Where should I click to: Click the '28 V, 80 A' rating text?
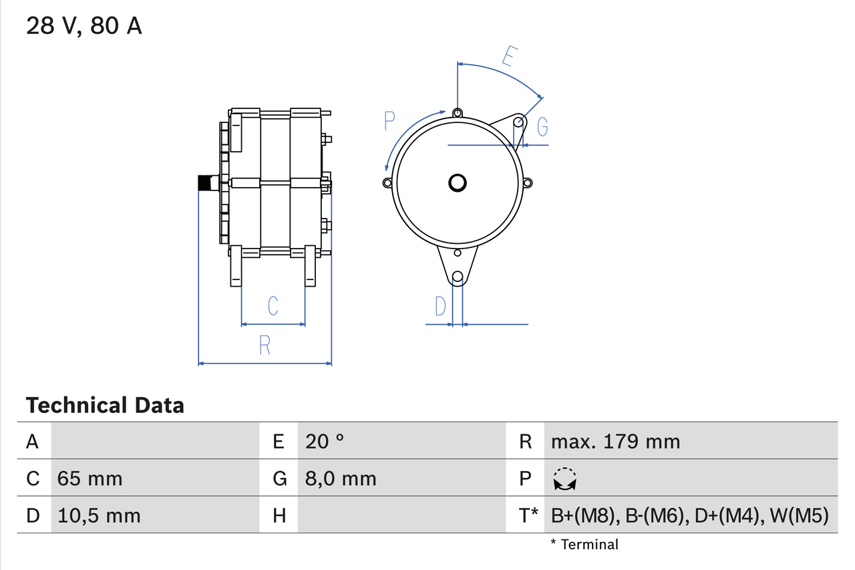pyautogui.click(x=83, y=26)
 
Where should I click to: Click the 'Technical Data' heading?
pyautogui.click(x=105, y=405)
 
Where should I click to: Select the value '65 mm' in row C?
pyautogui.click(x=90, y=478)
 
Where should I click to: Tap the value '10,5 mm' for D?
pyautogui.click(x=99, y=515)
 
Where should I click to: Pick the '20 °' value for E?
pyautogui.click(x=325, y=441)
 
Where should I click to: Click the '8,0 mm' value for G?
pyautogui.click(x=341, y=478)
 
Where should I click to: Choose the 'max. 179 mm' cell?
pyautogui.click(x=615, y=441)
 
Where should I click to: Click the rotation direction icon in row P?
pyautogui.click(x=565, y=479)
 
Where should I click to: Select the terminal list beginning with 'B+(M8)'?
pyautogui.click(x=689, y=515)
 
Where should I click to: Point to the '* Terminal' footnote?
pyautogui.click(x=584, y=545)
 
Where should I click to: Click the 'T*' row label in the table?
pyautogui.click(x=528, y=515)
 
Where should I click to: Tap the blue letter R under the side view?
pyautogui.click(x=265, y=345)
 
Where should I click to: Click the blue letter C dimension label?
pyautogui.click(x=273, y=306)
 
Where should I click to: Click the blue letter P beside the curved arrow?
pyautogui.click(x=390, y=121)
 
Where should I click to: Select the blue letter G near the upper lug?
pyautogui.click(x=542, y=126)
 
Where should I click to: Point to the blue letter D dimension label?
pyautogui.click(x=440, y=306)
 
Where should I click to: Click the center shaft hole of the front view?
pyautogui.click(x=458, y=182)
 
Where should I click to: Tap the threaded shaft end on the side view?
pyautogui.click(x=206, y=182)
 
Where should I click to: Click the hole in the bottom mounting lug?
pyautogui.click(x=458, y=277)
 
